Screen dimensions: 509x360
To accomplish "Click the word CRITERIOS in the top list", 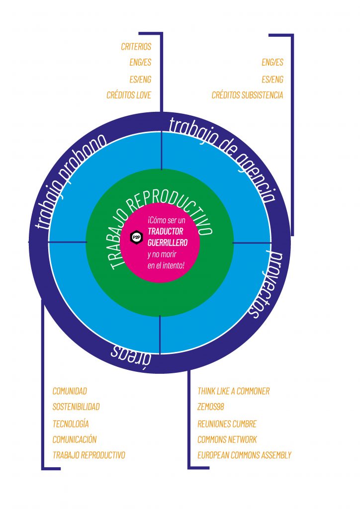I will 136,47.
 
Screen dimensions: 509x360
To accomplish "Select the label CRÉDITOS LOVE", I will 129,95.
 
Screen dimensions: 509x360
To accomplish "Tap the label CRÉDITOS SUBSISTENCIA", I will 247,95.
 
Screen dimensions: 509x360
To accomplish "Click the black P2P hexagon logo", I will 136,238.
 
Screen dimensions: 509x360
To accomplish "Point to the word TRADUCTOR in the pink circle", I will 166,232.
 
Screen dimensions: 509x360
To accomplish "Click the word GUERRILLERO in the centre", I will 168,243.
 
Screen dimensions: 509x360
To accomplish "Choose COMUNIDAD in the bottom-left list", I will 70,391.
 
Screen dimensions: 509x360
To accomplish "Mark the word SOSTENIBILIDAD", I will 76,407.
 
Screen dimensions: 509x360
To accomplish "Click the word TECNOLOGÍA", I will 71,424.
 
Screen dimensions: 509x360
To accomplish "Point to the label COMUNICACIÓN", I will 75,439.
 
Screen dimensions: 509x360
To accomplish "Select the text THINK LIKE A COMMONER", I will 233,391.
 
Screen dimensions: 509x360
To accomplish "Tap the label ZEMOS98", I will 211,407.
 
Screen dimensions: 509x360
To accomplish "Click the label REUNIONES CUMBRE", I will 227,424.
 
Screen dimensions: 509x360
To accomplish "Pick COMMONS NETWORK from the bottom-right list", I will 227,439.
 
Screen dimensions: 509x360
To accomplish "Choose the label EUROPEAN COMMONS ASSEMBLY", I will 244,455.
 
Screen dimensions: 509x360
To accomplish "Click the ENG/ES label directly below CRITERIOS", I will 140,63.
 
